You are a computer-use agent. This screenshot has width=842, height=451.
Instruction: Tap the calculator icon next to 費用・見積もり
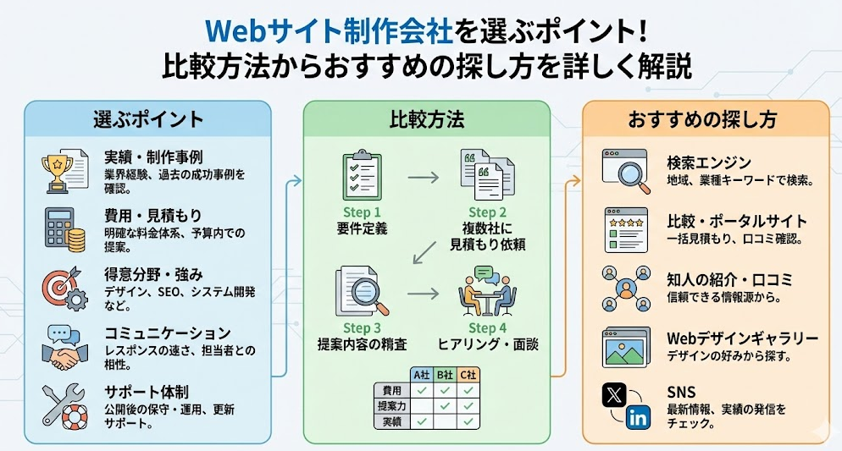tap(64, 228)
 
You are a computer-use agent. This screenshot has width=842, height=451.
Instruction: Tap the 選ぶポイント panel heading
tap(148, 119)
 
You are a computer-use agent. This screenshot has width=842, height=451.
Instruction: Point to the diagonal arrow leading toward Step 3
tap(427, 250)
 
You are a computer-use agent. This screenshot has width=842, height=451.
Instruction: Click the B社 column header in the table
tap(445, 374)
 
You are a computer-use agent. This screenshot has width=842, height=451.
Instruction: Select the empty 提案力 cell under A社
tap(421, 405)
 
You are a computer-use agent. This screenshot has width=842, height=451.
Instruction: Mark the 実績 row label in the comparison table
tap(391, 421)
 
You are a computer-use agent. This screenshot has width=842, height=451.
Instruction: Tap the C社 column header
tap(468, 374)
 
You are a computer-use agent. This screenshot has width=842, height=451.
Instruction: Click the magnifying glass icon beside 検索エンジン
tap(625, 167)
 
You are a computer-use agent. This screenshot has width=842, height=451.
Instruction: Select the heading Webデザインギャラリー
tap(743, 339)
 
